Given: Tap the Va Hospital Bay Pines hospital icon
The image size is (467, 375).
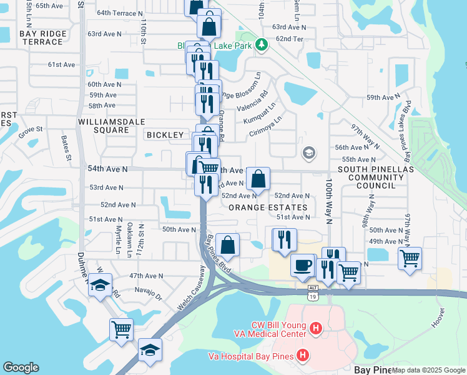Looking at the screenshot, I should pos(303,356).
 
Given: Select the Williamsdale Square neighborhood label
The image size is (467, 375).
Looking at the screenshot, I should pos(104,126).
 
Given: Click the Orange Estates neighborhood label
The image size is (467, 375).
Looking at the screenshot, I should pos(268,207).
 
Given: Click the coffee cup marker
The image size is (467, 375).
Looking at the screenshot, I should pos(303,264).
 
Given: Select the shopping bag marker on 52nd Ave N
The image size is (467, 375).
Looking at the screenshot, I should pos(258,179).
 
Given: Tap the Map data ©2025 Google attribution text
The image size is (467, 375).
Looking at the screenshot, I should pos(428,370).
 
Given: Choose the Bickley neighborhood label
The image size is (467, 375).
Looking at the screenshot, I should pos(165,135).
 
